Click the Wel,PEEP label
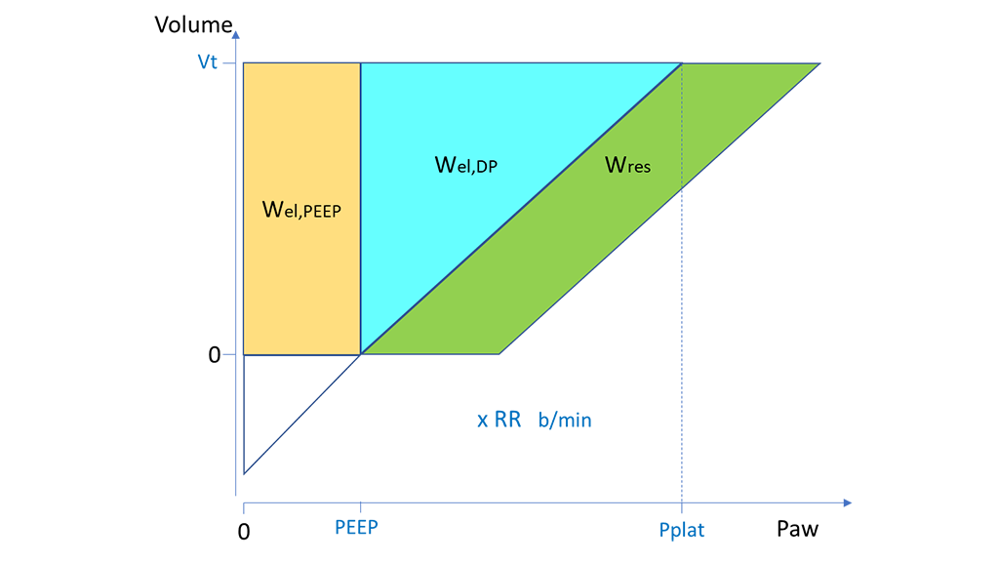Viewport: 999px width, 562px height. point(301,209)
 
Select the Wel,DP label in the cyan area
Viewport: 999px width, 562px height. point(465,164)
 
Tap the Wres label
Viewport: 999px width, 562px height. point(627,165)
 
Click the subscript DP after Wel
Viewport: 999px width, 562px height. point(484,168)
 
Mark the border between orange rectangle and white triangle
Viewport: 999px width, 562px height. point(301,354)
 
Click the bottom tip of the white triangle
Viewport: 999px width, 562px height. point(245,472)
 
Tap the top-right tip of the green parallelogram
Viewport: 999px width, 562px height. point(815,64)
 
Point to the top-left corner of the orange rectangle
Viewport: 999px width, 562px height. point(245,64)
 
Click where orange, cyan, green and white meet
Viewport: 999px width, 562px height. point(361,353)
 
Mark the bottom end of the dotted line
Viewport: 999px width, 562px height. point(681,186)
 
